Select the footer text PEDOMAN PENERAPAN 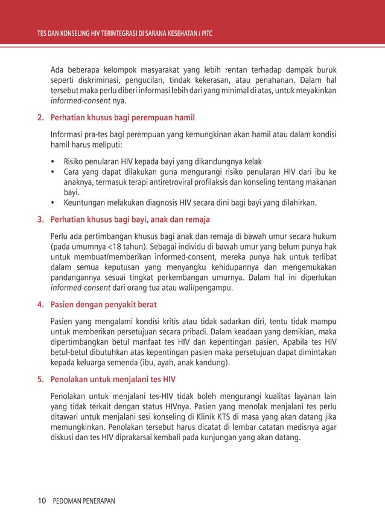point(84,501)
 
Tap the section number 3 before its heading point(40,219)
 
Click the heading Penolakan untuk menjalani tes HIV point(113,380)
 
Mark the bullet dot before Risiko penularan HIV point(54,162)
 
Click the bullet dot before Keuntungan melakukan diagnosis point(54,203)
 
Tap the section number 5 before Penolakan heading point(40,380)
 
